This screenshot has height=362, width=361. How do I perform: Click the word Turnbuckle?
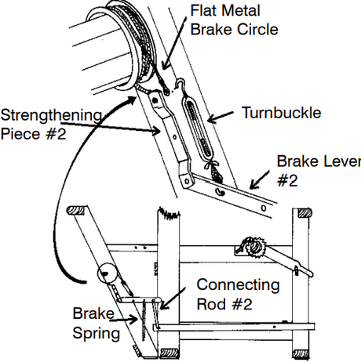point(282,113)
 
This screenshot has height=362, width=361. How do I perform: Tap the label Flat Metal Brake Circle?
point(234,20)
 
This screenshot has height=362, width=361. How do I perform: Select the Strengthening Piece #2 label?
point(51,125)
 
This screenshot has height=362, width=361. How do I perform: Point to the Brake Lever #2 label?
point(319,171)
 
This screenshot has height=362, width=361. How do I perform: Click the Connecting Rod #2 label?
point(238,295)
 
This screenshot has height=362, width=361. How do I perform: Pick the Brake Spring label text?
point(96,323)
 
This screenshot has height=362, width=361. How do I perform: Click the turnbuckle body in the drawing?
point(198,127)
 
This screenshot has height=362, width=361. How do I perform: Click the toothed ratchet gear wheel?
point(253,246)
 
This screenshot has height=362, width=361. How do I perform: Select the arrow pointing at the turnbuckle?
point(221,117)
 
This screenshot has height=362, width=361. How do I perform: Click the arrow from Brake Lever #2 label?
point(260,180)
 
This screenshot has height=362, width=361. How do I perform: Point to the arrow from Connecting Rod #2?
point(173,299)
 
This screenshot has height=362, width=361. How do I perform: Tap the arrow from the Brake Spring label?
point(123,319)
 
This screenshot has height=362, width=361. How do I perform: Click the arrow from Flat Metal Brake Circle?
point(173,44)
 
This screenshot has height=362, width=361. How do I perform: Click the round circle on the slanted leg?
point(107,273)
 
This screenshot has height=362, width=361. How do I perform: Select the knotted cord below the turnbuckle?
point(215,172)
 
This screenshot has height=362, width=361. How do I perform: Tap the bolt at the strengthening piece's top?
point(155,100)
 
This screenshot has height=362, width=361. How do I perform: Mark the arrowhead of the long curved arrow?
point(132,100)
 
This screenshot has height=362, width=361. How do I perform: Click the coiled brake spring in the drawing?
point(144,320)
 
